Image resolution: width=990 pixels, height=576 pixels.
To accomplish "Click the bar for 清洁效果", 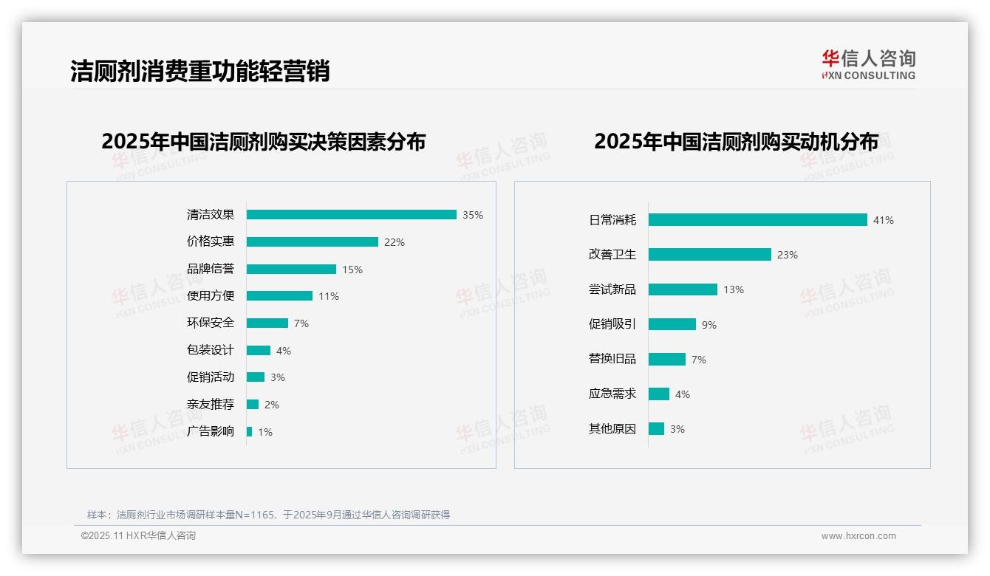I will click(351, 215).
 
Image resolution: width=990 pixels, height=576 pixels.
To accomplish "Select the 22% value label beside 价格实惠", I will click(394, 242).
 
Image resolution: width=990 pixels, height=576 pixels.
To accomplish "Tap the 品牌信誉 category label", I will click(211, 269).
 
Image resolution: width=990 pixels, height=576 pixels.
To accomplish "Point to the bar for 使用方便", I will click(279, 296).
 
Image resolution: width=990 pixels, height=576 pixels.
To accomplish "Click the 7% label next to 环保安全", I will click(301, 323).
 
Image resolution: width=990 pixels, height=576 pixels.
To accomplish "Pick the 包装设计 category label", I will click(211, 350).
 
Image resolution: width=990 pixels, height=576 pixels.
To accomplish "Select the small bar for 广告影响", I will click(249, 431).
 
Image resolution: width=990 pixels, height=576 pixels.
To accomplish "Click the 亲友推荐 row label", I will click(211, 405).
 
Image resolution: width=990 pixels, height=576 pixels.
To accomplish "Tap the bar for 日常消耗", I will click(757, 220).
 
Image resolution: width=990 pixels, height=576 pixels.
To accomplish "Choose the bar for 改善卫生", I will click(709, 255).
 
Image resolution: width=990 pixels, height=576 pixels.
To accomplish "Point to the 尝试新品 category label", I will click(612, 289).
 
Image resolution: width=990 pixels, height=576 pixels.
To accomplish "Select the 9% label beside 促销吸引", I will click(709, 325).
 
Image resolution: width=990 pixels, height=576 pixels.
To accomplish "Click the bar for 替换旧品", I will click(666, 360).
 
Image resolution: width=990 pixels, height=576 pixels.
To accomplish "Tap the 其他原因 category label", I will click(612, 429).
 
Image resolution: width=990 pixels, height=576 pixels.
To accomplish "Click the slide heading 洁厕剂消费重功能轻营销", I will click(199, 71).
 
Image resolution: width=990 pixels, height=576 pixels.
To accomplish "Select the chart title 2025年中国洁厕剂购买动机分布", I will click(736, 142).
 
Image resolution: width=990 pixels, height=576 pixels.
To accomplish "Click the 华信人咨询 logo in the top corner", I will click(868, 64).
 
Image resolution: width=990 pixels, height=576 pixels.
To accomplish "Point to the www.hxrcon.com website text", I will click(858, 536).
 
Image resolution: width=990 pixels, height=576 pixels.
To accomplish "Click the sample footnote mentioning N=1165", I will click(268, 515).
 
